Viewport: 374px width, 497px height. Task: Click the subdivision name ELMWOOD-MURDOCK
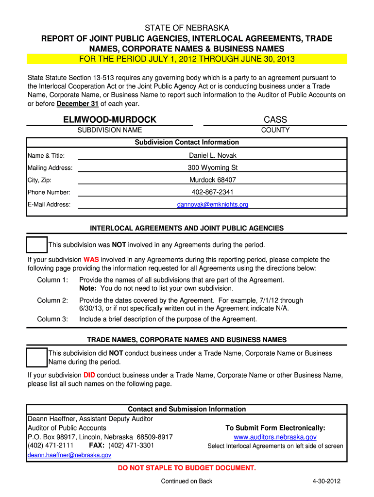(110, 119)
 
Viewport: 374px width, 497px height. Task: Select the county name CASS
(275, 119)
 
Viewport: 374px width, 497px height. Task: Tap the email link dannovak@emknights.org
(212, 204)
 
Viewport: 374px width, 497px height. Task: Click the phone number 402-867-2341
(212, 192)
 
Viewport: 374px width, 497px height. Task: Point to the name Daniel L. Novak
(212, 156)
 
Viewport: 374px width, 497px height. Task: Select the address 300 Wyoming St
(212, 168)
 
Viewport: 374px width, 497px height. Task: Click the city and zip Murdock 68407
(212, 180)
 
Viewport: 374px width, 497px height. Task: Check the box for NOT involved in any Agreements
(37, 245)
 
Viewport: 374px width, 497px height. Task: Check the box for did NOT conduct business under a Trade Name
(37, 358)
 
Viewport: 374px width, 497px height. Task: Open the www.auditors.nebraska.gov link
(275, 437)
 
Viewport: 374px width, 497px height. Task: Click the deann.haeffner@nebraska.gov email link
(69, 455)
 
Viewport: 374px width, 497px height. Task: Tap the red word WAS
(91, 260)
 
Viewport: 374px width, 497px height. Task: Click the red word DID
(89, 375)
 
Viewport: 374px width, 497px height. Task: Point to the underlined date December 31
(78, 104)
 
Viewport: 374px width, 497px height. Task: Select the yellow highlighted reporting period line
(187, 59)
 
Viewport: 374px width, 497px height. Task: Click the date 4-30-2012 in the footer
(326, 481)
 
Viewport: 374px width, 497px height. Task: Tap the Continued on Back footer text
(187, 481)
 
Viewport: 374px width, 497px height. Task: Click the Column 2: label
(52, 300)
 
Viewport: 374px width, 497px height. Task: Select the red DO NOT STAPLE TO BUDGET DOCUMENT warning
(187, 468)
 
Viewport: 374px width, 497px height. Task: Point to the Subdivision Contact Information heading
(187, 142)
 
